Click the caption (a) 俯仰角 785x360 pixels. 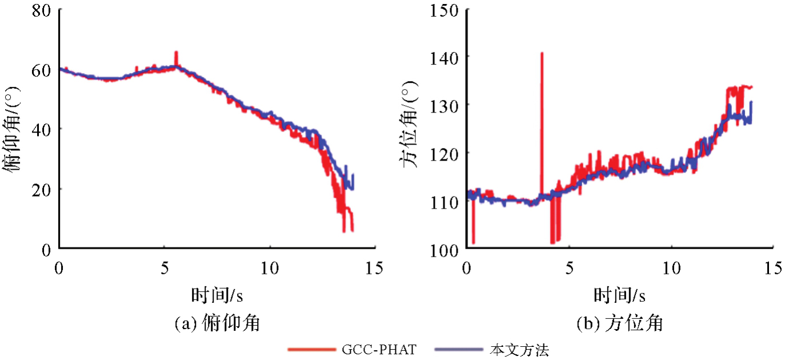[x=217, y=324]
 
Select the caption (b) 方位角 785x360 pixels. [x=619, y=324]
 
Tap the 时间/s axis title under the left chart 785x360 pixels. [x=217, y=295]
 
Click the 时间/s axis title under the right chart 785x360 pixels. [x=619, y=295]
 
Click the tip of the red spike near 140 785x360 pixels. [x=541, y=53]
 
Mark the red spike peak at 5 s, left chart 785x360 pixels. [x=176, y=52]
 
